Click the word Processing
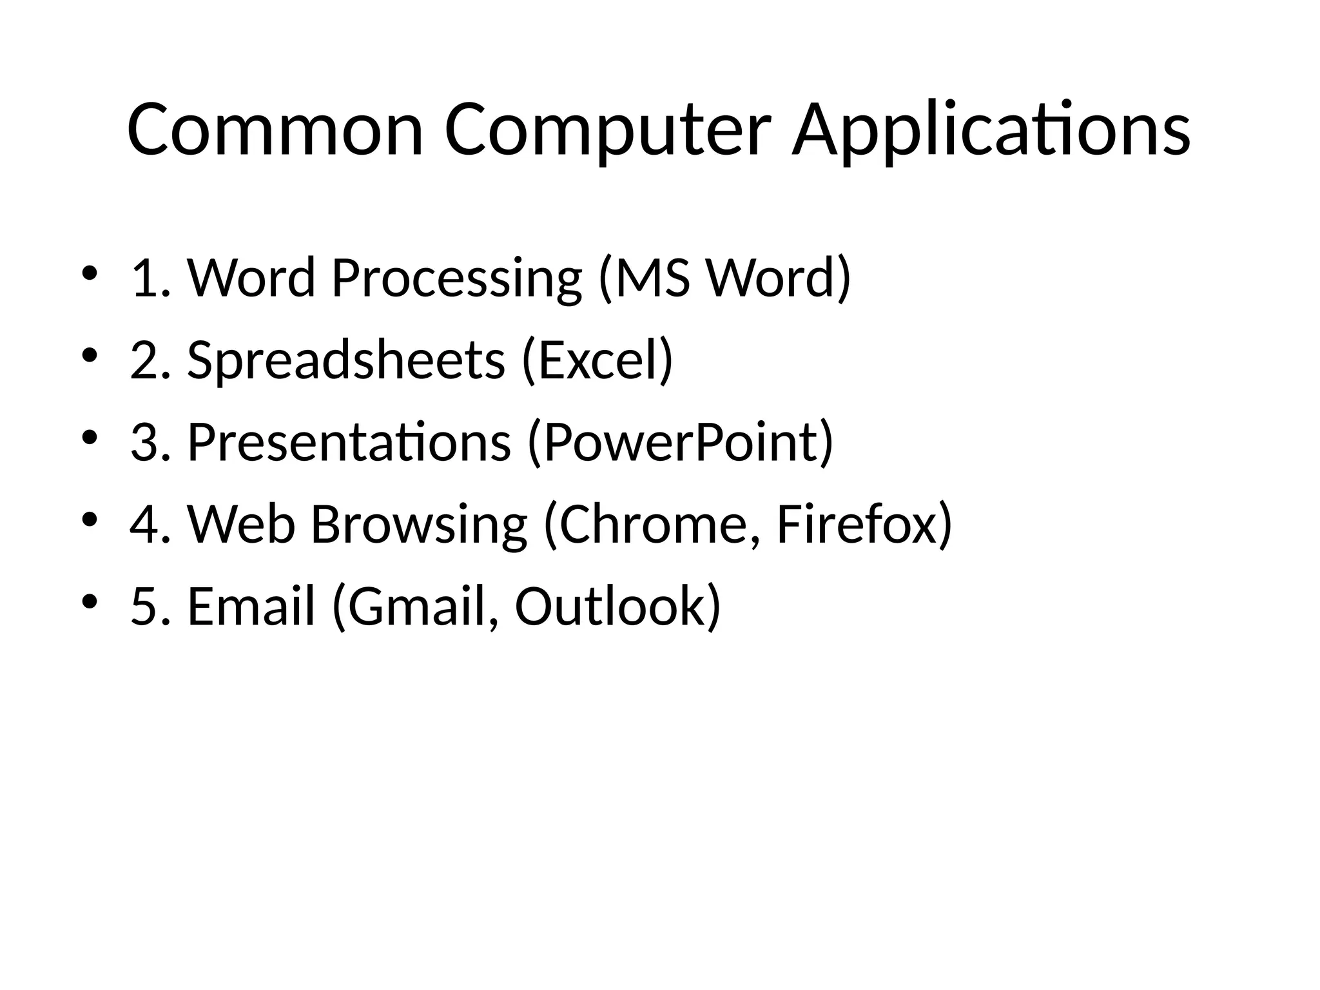pos(456,278)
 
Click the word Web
pos(241,524)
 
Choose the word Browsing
pos(419,525)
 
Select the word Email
pos(251,607)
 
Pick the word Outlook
pos(610,607)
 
